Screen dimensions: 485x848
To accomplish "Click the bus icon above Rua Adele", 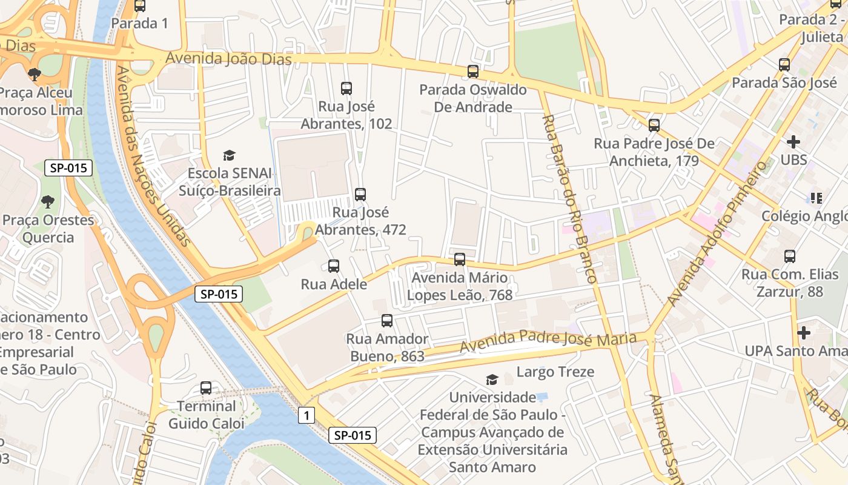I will coord(333,266).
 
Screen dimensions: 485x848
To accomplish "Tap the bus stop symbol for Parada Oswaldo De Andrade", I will coord(473,72).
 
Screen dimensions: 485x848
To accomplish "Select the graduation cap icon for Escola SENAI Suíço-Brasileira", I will coord(229,156).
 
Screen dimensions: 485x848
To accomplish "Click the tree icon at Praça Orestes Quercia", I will coord(48,202).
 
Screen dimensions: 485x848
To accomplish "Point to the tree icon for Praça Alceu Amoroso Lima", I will coord(35,75).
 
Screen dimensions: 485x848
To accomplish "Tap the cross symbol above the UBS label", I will coord(793,142).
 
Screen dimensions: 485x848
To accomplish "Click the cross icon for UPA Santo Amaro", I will coord(804,333).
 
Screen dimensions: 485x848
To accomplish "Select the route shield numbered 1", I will coord(306,415).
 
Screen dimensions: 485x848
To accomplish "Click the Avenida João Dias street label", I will coord(228,59).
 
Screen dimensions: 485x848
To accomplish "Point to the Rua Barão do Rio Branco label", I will coord(569,198).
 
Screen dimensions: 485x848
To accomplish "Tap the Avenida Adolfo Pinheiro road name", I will coord(717,233).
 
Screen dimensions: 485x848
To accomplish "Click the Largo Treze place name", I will coord(555,372).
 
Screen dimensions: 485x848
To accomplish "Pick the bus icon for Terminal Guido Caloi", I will coord(206,388).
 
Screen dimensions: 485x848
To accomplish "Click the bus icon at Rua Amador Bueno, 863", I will coord(387,321).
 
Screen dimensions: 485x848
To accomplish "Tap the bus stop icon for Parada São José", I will coord(784,64).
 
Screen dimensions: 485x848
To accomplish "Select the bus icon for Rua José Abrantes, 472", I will coord(360,195).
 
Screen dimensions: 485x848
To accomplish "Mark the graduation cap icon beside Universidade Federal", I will coord(492,380).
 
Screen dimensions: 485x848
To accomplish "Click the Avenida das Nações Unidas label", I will coord(153,156).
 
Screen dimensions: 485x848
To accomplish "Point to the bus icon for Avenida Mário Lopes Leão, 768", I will coord(460,259).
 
